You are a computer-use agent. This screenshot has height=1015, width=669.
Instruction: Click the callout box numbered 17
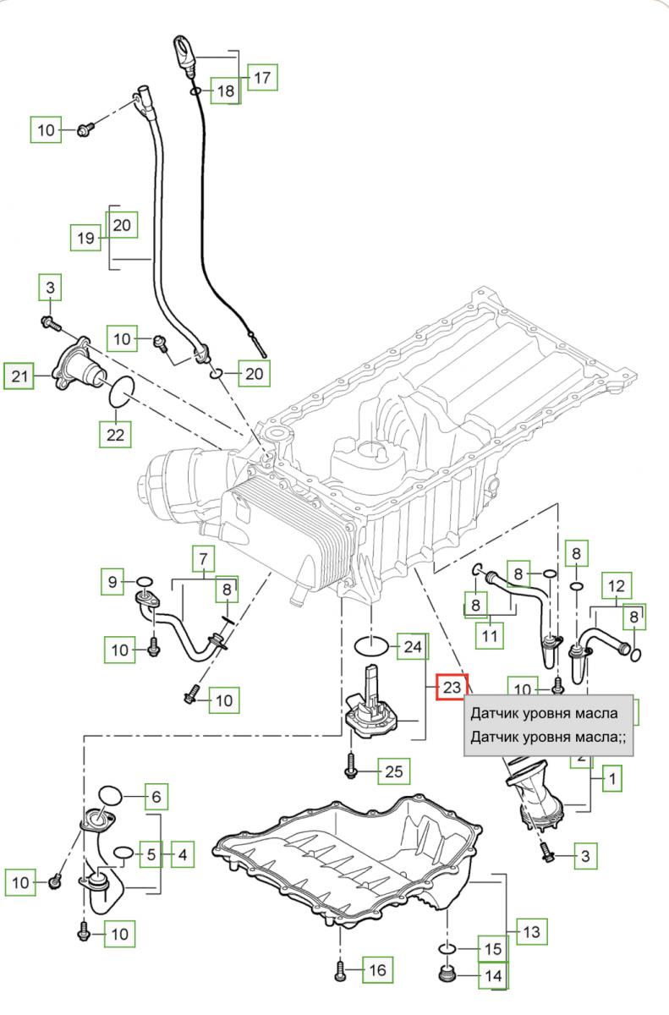(x=263, y=78)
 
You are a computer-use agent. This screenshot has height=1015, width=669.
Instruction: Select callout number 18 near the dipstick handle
(x=223, y=91)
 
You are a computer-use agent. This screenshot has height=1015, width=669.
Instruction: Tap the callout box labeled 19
(x=85, y=238)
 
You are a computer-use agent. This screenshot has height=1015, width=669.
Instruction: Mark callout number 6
(x=156, y=796)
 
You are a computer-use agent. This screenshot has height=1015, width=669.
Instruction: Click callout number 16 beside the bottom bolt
(x=377, y=970)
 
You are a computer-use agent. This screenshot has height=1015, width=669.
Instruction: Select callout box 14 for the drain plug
(x=491, y=976)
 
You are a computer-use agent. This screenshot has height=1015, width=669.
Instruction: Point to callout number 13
(x=530, y=933)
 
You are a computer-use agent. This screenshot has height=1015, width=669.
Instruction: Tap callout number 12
(x=617, y=584)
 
